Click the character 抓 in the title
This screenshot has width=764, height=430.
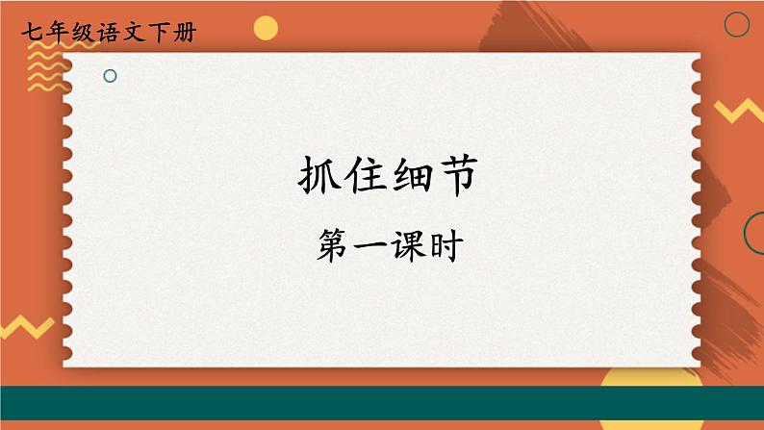[313, 179]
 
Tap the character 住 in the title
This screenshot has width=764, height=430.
[359, 179]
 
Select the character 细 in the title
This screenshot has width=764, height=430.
[405, 179]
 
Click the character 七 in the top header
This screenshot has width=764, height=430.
[28, 33]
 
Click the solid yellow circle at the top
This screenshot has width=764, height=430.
[266, 28]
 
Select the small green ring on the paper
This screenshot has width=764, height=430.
[110, 75]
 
